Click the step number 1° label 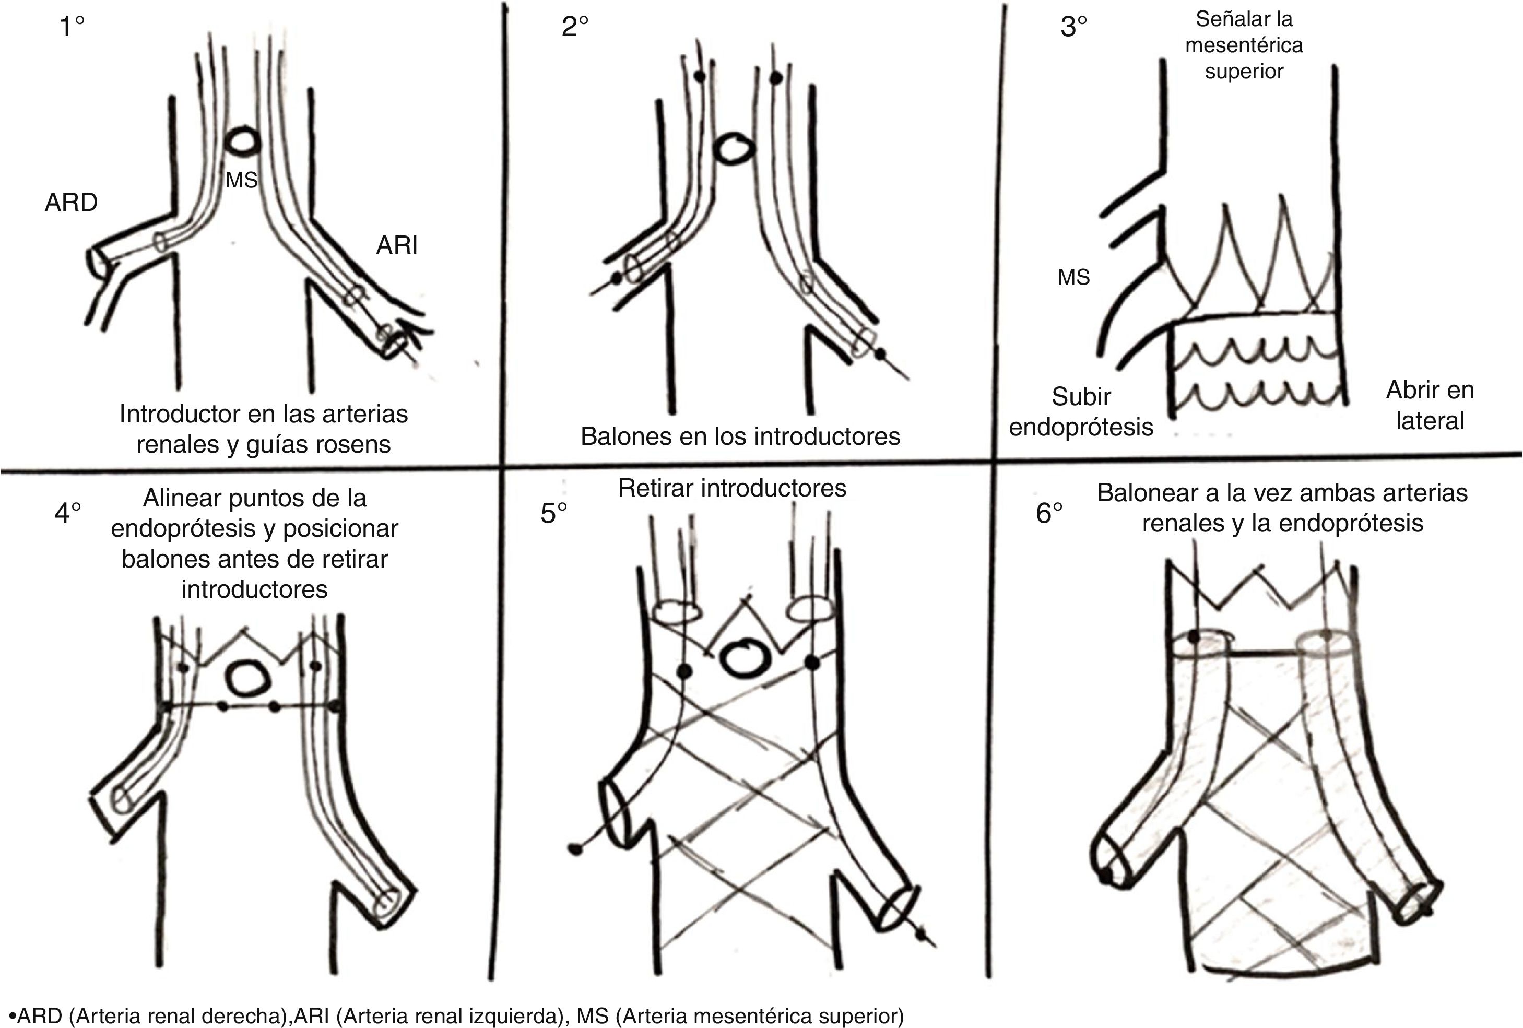pos(72,27)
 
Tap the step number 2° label pos(575,27)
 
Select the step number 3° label pos(1073,27)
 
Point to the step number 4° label pos(67,513)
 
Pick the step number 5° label pos(554,514)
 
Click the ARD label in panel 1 pos(71,203)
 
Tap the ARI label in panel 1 pos(396,245)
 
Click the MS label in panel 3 pos(1073,277)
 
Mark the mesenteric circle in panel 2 pos(735,150)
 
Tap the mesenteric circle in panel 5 pos(742,658)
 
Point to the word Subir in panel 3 pos(1081,397)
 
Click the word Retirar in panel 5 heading pos(655,488)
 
